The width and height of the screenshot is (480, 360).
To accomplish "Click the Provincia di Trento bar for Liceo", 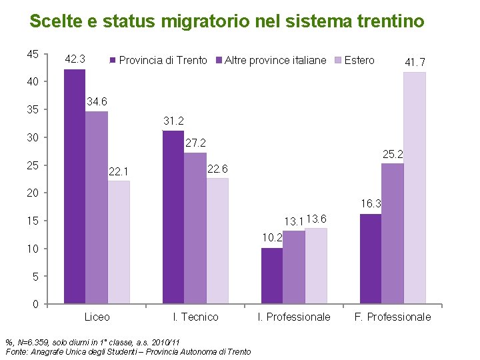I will [x=75, y=187].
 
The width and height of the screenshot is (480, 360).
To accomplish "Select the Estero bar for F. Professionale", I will [x=414, y=188].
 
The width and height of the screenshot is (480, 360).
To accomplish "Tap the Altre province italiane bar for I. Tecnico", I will [x=195, y=228].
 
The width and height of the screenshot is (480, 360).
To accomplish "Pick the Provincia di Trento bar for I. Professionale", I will [x=271, y=276].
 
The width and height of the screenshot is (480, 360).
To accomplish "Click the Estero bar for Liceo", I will [x=119, y=243].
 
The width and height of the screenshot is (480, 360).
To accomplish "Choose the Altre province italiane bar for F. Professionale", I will [x=392, y=233].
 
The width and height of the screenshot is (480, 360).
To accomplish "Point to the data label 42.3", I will [x=74, y=59].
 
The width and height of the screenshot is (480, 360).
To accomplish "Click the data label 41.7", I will [x=415, y=62].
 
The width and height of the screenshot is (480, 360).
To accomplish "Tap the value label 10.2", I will [x=272, y=237].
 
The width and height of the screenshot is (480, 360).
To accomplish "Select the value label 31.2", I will [x=173, y=121].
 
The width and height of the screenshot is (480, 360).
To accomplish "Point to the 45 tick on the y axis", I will [x=32, y=54].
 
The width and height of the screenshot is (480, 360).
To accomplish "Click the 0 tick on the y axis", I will [x=35, y=305].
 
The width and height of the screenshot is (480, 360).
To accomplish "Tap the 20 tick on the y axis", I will [x=32, y=193].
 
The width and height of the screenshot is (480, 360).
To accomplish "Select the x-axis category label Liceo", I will [x=97, y=317].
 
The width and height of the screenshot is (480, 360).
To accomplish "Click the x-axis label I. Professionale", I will [x=293, y=317].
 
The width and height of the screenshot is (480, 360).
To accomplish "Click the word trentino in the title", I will [x=392, y=21].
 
